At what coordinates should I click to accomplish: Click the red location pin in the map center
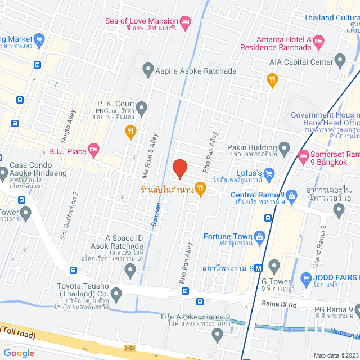pos(179,168)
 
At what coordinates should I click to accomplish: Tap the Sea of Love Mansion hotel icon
pos(186,21)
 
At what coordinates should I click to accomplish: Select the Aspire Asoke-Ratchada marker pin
pos(148,70)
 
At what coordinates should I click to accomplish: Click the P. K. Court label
pos(114,103)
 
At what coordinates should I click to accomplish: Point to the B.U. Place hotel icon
pos(93,150)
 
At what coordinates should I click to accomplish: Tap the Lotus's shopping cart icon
pos(269,172)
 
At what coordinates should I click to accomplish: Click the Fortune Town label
pos(228,236)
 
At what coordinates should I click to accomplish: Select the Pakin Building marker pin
pos(284,150)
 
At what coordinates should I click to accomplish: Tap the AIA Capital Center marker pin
pos(340,60)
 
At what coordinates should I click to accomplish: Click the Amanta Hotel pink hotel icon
pos(318,40)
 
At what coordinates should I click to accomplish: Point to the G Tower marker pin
pos(274,265)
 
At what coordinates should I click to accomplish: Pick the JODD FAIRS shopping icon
pos(307,277)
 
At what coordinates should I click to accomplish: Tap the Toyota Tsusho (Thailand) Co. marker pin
pos(116,293)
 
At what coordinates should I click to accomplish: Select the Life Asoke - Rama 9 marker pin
pos(218,336)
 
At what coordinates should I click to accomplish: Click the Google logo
pos(19,353)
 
